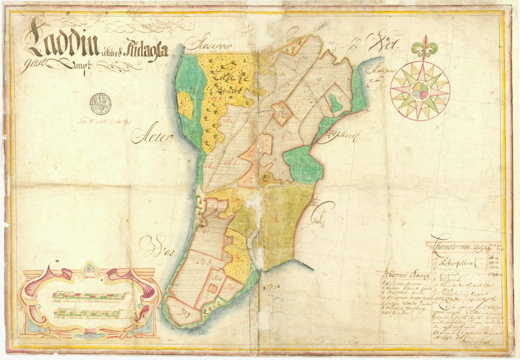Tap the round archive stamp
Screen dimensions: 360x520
coord(100,102)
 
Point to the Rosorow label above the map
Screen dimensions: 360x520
coord(203,45)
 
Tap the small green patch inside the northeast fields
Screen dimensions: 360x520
coord(335,102)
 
